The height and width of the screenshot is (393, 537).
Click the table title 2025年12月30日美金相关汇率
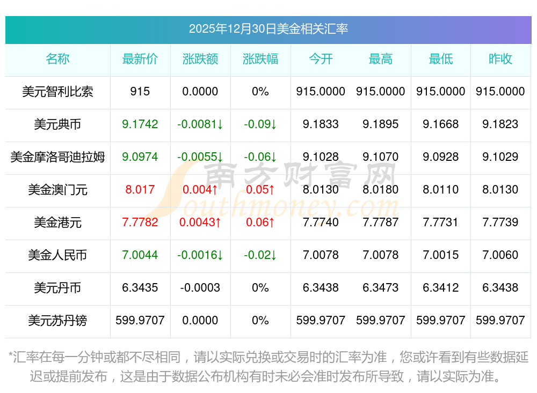tap(268, 28)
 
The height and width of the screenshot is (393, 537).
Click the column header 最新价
tap(140, 60)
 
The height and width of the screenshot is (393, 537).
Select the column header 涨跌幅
tap(260, 60)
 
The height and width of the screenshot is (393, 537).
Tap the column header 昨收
tap(500, 60)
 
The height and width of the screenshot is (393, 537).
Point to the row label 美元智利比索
tap(57, 92)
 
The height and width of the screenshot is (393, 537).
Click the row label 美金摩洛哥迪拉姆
tap(57, 157)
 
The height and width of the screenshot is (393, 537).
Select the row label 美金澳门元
tap(57, 190)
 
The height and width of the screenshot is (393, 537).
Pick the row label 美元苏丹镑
tap(57, 321)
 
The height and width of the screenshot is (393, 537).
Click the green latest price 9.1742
tap(140, 124)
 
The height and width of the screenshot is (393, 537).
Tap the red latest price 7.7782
tap(140, 223)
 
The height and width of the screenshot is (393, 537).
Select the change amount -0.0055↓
tap(200, 157)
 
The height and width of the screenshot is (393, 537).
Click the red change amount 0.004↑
tap(200, 190)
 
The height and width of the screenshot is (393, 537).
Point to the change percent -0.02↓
tap(260, 255)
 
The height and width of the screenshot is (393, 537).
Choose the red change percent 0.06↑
tap(260, 223)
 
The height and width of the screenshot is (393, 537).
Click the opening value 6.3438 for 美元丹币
tap(321, 288)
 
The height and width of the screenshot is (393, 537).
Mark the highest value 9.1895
tap(381, 124)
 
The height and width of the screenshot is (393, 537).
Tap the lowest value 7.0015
tap(441, 255)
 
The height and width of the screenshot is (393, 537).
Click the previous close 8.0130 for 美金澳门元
tap(500, 190)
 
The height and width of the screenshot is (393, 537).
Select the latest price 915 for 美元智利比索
tap(140, 92)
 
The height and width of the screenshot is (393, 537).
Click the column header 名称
tap(57, 60)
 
